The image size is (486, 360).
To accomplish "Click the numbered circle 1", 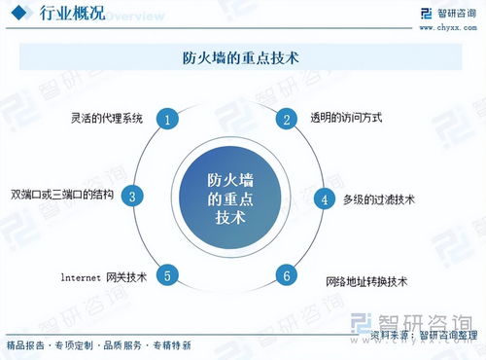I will pyautogui.click(x=168, y=120).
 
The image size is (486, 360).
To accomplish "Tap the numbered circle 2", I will pyautogui.click(x=287, y=119).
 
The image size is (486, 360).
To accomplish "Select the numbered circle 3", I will pyautogui.click(x=133, y=196).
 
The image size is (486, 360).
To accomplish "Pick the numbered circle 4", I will pyautogui.click(x=325, y=199).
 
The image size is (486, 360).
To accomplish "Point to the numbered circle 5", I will pyautogui.click(x=168, y=276).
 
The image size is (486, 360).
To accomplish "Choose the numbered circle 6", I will pyautogui.click(x=287, y=275).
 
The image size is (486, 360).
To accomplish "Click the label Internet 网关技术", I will pyautogui.click(x=101, y=276).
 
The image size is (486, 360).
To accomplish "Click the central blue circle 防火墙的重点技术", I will pyautogui.click(x=228, y=198).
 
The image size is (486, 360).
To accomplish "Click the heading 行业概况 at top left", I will pyautogui.click(x=71, y=15).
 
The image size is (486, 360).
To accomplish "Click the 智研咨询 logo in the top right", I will pyautogui.click(x=445, y=13).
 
